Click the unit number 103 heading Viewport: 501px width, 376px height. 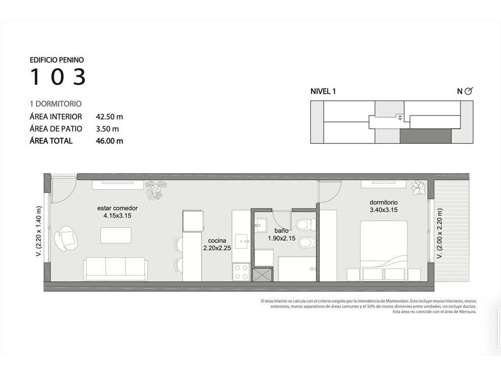click(x=58, y=77)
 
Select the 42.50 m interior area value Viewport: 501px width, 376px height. click(x=109, y=117)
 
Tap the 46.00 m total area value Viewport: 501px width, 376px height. click(x=109, y=141)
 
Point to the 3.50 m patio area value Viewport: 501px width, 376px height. click(x=107, y=129)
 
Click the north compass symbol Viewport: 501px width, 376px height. click(x=468, y=91)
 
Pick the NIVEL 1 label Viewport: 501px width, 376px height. click(x=323, y=92)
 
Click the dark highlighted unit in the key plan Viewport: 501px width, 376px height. click(x=426, y=136)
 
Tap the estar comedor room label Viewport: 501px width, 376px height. click(x=117, y=208)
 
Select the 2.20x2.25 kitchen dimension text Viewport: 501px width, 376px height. click(x=217, y=248)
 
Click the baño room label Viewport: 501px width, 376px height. click(x=281, y=231)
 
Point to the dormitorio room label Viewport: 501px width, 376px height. click(x=384, y=202)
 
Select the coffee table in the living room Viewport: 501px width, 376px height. click(x=115, y=235)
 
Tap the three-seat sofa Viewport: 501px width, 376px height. click(x=115, y=269)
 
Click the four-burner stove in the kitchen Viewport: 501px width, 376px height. click(x=241, y=272)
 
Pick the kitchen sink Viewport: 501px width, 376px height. click(x=242, y=241)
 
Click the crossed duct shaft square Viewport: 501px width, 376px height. click(x=262, y=275)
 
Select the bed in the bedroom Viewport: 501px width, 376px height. click(x=384, y=251)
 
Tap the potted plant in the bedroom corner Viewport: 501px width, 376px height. click(x=418, y=188)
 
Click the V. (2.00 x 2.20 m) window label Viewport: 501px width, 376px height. click(x=440, y=234)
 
